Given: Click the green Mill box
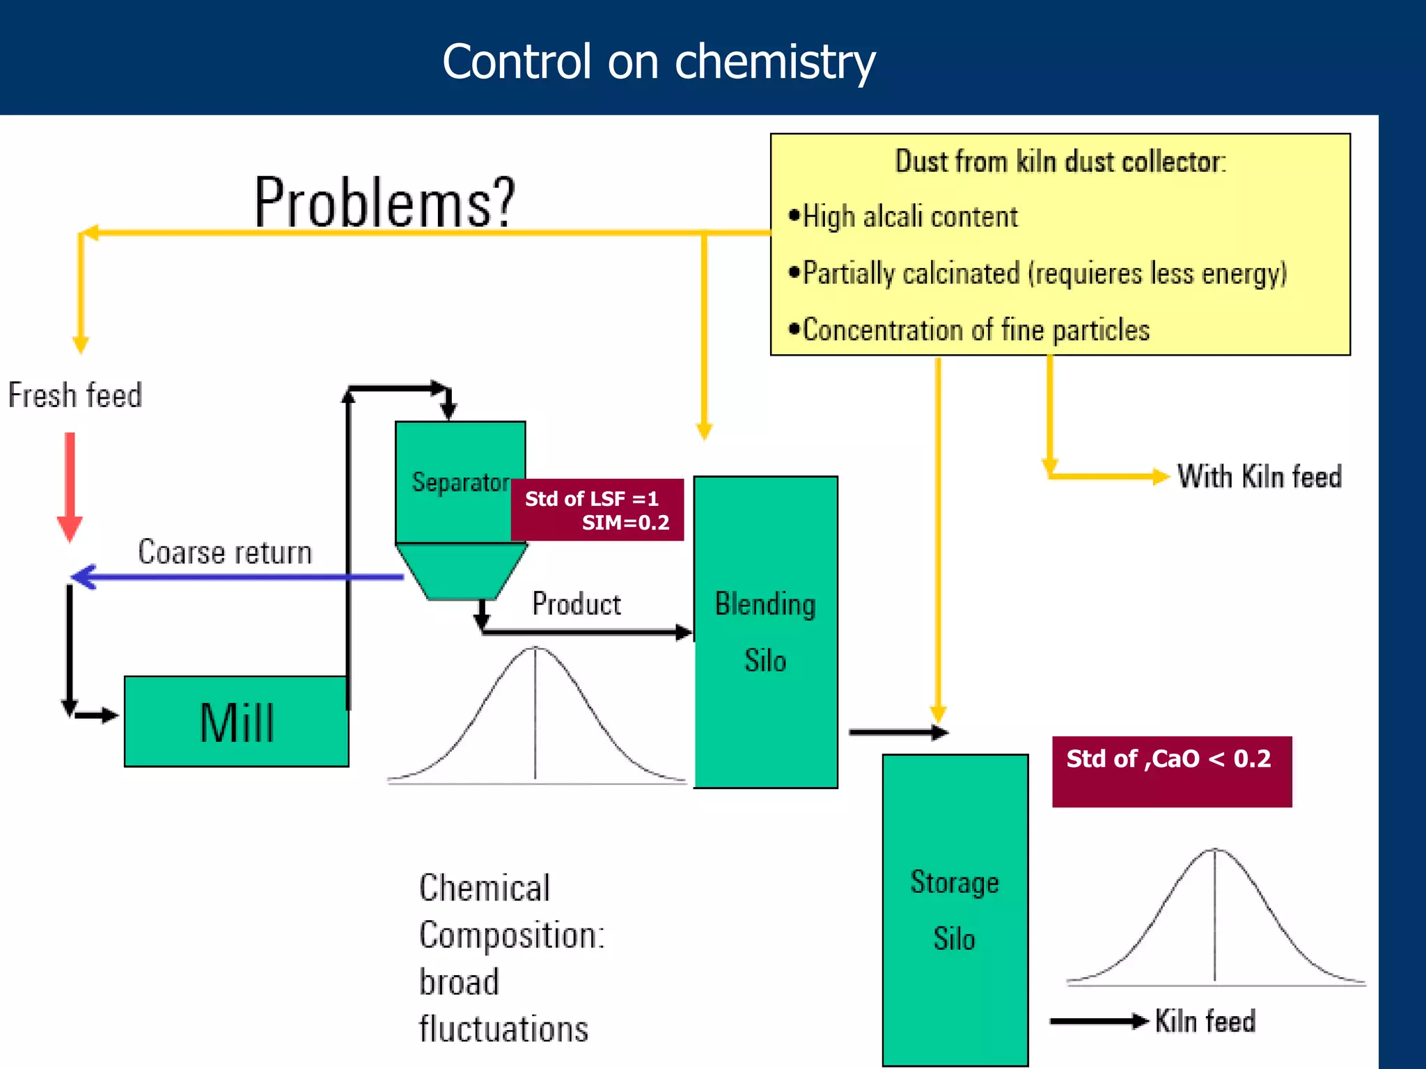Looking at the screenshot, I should coord(236,722).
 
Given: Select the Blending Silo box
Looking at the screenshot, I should coord(765,632).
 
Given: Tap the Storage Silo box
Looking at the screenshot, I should coord(955,910).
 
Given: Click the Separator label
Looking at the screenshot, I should coord(460,482).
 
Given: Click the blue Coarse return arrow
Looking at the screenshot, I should coord(237,576).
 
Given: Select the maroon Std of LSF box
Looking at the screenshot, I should coord(597,510).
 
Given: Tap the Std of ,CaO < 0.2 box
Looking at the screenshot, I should coord(1171,771).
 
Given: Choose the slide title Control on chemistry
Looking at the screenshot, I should coord(658,61).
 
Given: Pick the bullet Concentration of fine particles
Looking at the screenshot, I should coord(969,330).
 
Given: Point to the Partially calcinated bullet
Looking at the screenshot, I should coord(1037,274).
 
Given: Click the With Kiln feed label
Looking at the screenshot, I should coord(1259,477).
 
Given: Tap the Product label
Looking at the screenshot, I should coord(577,603).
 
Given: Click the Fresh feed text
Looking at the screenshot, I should coord(75,395).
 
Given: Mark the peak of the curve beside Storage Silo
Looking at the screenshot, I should coord(1215,850).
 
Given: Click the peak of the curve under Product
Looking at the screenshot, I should coord(535,649).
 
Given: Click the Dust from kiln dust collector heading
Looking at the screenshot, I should coord(1060,161).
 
